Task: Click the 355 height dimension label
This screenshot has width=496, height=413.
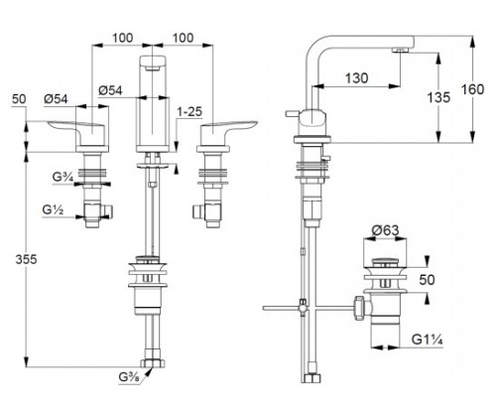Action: click(x=26, y=260)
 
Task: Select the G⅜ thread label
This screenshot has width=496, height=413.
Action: click(x=130, y=377)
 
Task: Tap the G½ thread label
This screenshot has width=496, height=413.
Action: click(x=53, y=209)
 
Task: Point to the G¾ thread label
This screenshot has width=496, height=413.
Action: click(x=62, y=177)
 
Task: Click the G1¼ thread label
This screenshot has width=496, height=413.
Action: click(x=428, y=340)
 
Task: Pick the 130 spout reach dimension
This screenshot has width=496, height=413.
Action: click(x=356, y=78)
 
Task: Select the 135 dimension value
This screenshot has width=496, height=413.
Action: click(x=438, y=97)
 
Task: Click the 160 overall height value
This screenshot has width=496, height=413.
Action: click(x=473, y=89)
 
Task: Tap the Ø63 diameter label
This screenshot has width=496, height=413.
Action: click(x=385, y=230)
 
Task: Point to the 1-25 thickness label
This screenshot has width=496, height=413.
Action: click(x=189, y=112)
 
